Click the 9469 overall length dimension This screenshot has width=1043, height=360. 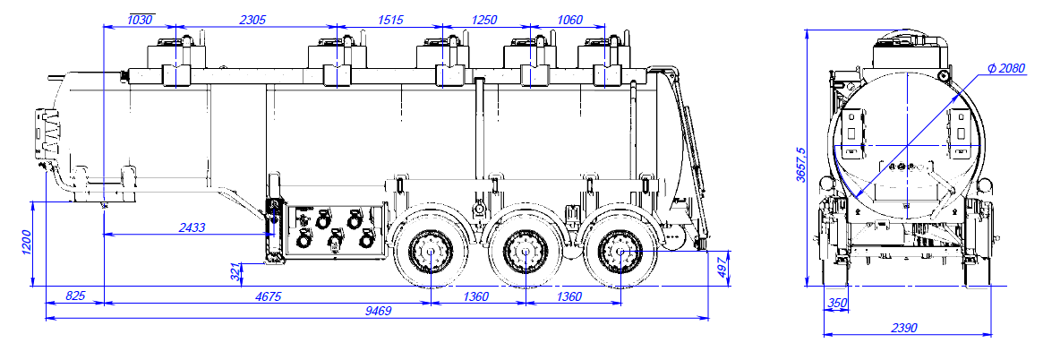(377, 312)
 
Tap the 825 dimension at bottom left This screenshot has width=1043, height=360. (77, 296)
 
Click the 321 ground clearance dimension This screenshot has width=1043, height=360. (236, 272)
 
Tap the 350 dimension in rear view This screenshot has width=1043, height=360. (837, 304)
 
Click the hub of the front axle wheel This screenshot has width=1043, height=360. (431, 252)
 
